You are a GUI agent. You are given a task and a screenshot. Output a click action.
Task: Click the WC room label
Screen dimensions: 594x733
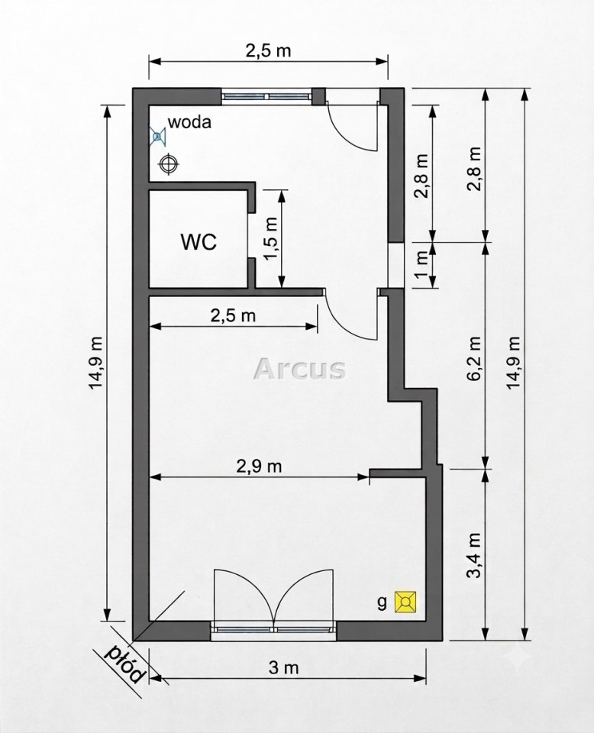[199, 242]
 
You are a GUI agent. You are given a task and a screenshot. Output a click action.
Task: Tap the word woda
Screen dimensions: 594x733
[189, 122]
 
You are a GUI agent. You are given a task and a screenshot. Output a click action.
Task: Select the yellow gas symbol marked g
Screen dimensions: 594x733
[405, 602]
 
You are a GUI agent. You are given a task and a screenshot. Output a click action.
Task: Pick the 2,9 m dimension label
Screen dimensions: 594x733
[260, 466]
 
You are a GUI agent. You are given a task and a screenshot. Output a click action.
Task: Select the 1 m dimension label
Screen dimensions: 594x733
[421, 265]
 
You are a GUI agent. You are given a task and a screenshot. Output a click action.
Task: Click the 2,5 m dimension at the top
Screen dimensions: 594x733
[268, 50]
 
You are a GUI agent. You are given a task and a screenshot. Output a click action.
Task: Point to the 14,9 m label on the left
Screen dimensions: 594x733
[96, 361]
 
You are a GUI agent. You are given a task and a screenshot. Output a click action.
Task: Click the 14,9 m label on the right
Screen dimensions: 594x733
[514, 361]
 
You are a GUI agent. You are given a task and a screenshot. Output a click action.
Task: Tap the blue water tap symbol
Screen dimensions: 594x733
[157, 136]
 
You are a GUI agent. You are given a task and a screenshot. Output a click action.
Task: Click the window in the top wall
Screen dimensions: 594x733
[266, 96]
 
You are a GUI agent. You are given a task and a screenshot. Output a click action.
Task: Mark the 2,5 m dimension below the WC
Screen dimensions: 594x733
[233, 315]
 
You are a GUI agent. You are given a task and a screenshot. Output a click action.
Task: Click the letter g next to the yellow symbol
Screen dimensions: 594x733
[383, 603]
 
